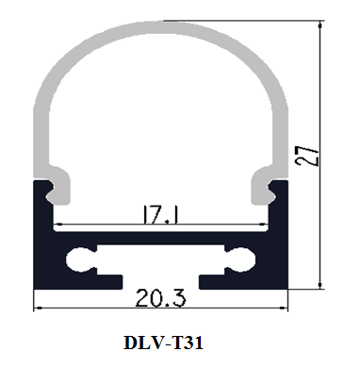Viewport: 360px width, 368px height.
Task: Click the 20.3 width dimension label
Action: click(160, 298)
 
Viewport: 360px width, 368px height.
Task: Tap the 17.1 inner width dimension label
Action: click(160, 214)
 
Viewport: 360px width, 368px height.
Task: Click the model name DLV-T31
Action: click(163, 343)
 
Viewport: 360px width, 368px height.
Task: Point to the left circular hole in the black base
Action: click(77, 259)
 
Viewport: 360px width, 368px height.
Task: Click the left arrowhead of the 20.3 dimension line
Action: click(38, 309)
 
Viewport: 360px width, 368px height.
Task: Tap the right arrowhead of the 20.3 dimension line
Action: click(284, 309)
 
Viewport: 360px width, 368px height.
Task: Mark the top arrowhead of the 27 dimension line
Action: click(320, 25)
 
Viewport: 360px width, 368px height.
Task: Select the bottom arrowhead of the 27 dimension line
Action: click(320, 285)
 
